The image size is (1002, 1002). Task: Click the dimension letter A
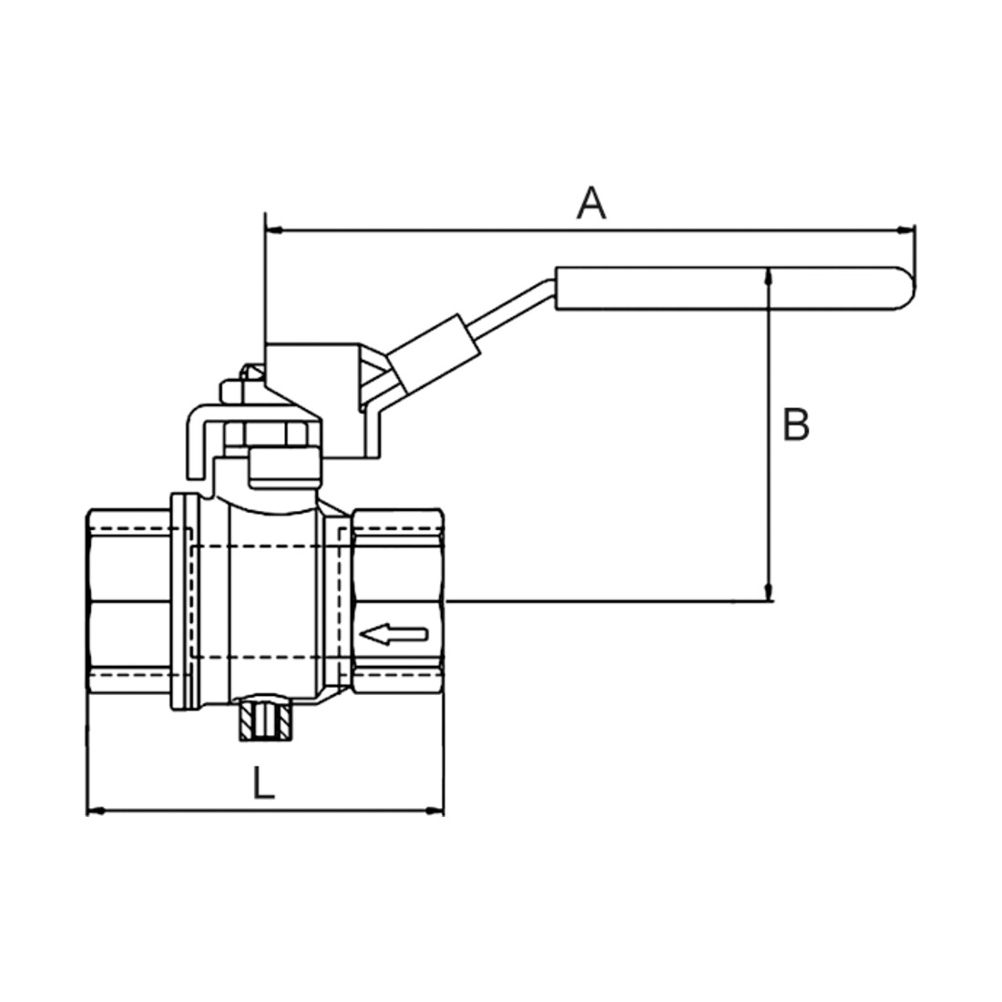[x=591, y=203]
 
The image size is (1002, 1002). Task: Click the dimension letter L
[x=262, y=782]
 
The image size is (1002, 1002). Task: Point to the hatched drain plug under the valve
[x=265, y=722]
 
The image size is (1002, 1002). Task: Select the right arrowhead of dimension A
[x=906, y=230]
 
